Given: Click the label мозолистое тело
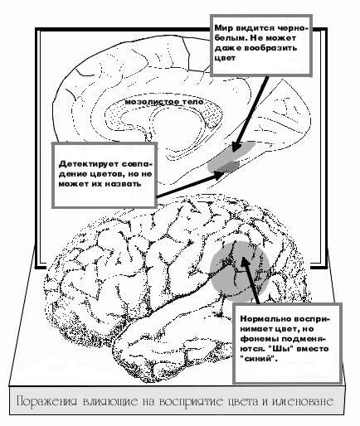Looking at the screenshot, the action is [x=164, y=102].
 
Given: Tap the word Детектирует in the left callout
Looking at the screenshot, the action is [x=88, y=164].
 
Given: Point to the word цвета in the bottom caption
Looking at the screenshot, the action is [x=245, y=402].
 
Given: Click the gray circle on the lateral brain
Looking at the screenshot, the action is [x=240, y=271].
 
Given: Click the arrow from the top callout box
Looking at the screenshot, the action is [x=251, y=114].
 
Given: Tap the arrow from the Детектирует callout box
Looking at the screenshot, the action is [x=191, y=184].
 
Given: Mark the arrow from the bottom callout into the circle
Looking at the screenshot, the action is [x=251, y=280].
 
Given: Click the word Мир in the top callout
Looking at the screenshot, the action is [x=221, y=28].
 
